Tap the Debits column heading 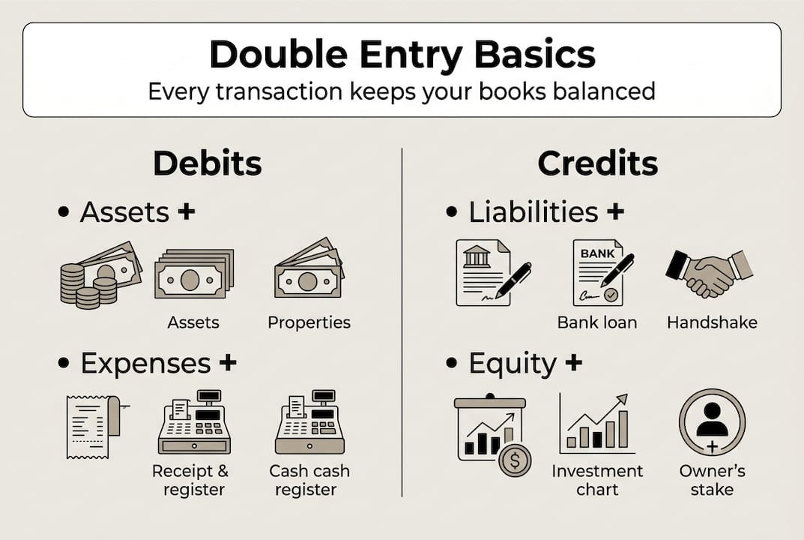(x=208, y=163)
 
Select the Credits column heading (x=597, y=163)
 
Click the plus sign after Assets (x=187, y=211)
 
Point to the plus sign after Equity (x=573, y=363)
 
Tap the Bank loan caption (x=597, y=322)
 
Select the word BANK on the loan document (x=597, y=253)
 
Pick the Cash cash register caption (x=309, y=480)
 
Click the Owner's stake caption (x=712, y=480)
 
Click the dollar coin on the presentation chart (x=515, y=460)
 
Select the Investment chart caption (x=597, y=480)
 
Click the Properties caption (x=309, y=322)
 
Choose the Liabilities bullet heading (x=534, y=212)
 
